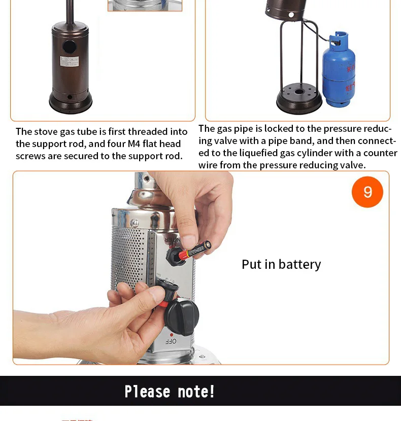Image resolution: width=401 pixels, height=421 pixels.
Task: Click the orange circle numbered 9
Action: point(367,192)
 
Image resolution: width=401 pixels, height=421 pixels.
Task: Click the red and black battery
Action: point(195,250)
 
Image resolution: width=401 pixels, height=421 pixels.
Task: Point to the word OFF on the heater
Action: point(171,342)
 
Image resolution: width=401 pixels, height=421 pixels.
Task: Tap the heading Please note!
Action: point(170,392)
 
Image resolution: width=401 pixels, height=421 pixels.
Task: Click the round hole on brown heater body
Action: point(69,47)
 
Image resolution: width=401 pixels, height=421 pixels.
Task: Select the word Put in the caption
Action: point(251,265)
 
